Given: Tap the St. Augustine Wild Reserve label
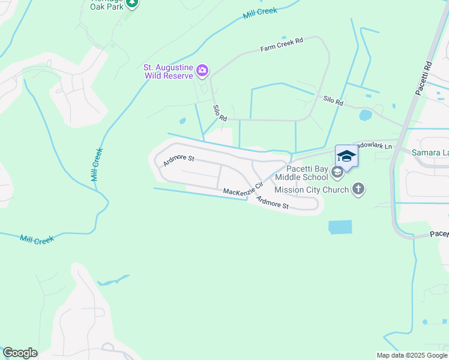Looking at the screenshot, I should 168,72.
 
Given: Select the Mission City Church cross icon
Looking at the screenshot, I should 358,190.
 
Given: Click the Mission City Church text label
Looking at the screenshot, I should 311,190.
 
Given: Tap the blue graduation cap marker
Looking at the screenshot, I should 346,157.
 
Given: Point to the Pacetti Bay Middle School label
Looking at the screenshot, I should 303,173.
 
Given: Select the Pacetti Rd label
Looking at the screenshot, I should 424,77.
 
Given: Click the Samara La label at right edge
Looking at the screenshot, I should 430,153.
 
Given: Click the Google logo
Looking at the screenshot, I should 20,353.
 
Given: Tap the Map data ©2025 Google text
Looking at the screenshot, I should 412,355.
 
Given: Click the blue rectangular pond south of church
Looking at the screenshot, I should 340,227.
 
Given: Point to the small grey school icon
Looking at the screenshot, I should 337,173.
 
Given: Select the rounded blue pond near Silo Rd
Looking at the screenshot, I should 365,115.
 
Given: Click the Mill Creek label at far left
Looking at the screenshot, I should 37,239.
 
